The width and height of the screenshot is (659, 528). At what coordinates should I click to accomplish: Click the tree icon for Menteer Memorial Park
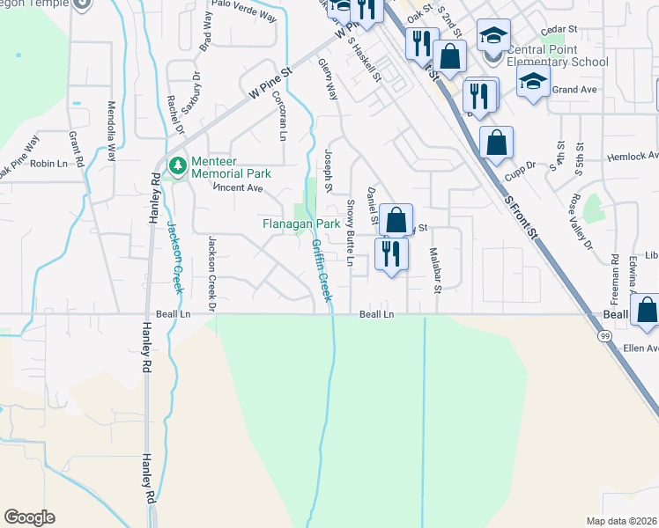pyautogui.click(x=177, y=165)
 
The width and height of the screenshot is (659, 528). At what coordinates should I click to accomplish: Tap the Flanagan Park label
pyautogui.click(x=301, y=224)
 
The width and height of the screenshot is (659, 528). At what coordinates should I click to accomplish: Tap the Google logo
pyautogui.click(x=29, y=517)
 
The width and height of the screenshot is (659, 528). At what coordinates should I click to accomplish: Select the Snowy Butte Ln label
pyautogui.click(x=350, y=232)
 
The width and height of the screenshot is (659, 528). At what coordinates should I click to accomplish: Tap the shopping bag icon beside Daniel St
pyautogui.click(x=396, y=220)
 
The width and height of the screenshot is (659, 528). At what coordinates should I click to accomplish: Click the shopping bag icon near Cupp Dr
pyautogui.click(x=496, y=143)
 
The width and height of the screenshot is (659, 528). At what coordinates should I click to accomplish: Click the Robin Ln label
pyautogui.click(x=49, y=164)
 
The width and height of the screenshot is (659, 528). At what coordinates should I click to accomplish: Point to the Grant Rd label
pyautogui.click(x=75, y=150)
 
